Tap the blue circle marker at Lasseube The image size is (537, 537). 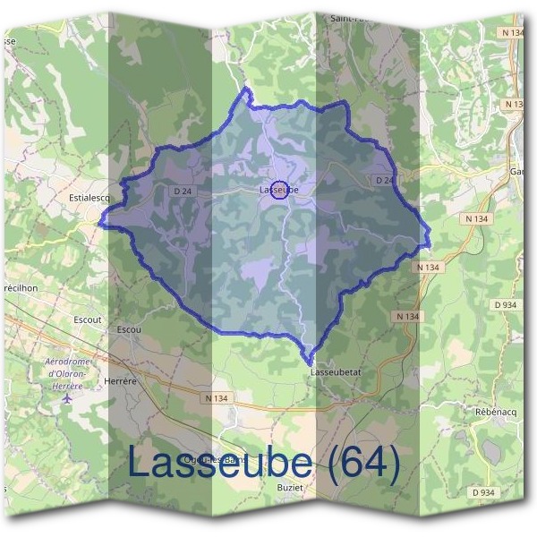click(x=279, y=190)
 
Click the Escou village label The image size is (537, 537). click(x=129, y=329)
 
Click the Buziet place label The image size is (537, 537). click(x=291, y=488)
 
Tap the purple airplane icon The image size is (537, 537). click(x=68, y=398)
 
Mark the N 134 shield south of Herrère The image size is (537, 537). click(x=217, y=397)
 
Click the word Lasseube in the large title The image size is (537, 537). click(x=220, y=462)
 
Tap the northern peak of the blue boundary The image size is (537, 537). click(x=247, y=89)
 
